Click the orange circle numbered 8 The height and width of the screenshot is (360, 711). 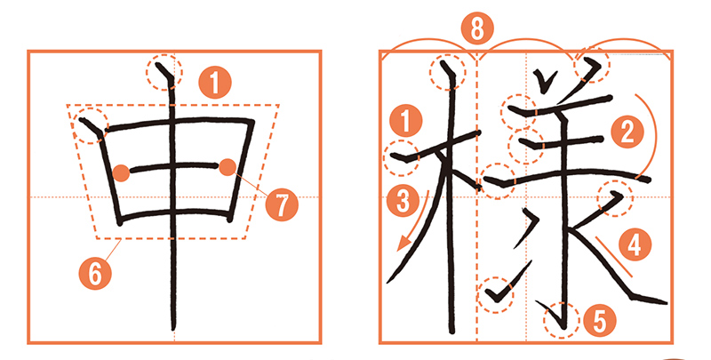[477, 30]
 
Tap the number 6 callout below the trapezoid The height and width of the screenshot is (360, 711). [95, 274]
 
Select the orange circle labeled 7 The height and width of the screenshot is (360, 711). [282, 205]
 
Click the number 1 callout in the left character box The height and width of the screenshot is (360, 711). [215, 82]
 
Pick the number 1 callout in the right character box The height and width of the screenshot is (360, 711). [406, 121]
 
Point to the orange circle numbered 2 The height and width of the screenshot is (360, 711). [627, 132]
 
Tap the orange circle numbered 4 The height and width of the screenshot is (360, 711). [635, 244]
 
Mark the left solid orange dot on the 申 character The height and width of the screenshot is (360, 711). [121, 173]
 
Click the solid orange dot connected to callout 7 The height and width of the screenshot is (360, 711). [228, 167]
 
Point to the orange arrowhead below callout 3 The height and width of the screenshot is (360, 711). [403, 244]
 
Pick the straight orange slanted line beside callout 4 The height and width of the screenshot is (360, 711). [613, 256]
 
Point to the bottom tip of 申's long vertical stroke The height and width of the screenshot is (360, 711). [174, 331]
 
